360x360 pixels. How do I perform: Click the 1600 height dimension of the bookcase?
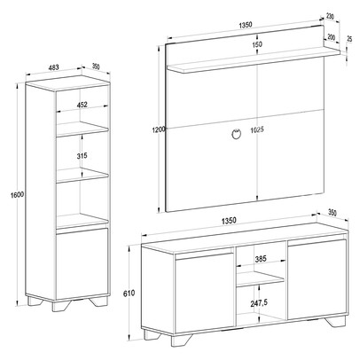(x=17, y=195)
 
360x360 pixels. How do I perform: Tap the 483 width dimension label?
(x=53, y=67)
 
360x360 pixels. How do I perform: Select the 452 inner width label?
(x=82, y=105)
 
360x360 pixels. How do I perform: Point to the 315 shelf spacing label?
(x=82, y=156)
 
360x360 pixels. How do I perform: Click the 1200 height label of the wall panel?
(x=159, y=129)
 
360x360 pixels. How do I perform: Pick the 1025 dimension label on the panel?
(x=256, y=129)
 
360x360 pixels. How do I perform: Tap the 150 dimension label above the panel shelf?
(x=257, y=44)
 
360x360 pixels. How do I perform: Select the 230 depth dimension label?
(x=330, y=17)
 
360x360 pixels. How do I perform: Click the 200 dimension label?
(x=332, y=37)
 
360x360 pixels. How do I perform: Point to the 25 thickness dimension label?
(x=349, y=39)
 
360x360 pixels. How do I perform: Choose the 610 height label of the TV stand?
(x=129, y=293)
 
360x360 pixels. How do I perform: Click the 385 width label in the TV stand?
(x=261, y=259)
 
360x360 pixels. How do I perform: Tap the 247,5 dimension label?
(x=259, y=303)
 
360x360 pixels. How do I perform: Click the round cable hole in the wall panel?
(x=236, y=134)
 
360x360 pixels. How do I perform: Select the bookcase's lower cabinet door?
(x=82, y=263)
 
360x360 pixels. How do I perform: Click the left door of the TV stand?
(x=204, y=290)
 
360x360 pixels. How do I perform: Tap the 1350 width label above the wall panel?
(x=246, y=25)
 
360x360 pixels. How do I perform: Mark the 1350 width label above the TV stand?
(x=229, y=221)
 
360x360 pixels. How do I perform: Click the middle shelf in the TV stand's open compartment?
(x=260, y=279)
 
